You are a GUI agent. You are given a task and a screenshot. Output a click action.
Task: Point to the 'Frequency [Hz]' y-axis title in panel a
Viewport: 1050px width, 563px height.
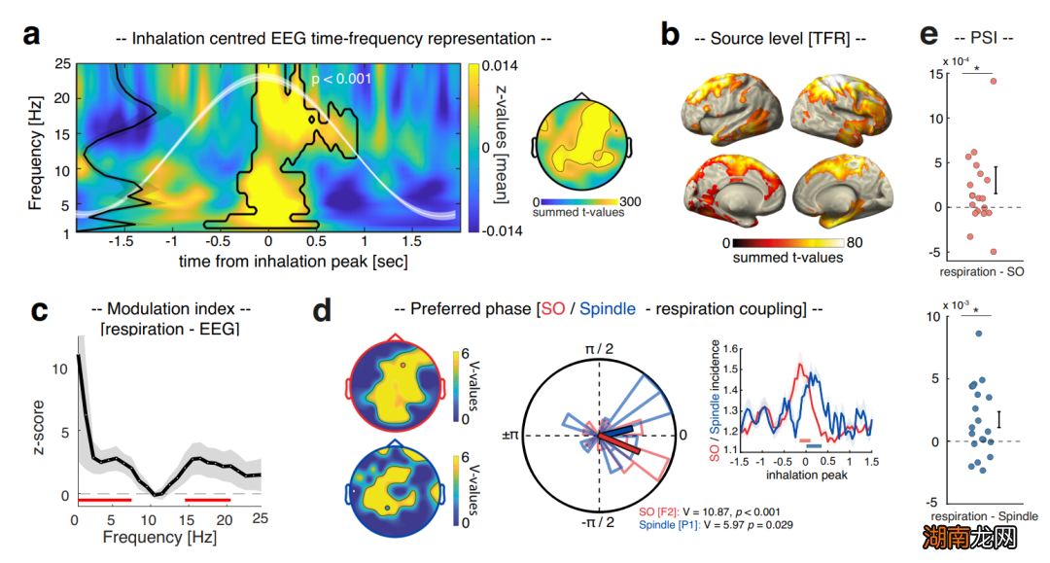tap(35, 149)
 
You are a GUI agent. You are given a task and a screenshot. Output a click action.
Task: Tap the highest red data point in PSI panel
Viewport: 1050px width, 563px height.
tap(994, 81)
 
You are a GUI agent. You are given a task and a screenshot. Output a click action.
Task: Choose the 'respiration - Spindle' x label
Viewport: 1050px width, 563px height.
tap(984, 515)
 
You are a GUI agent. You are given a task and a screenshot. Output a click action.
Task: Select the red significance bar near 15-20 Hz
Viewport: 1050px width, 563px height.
tap(206, 499)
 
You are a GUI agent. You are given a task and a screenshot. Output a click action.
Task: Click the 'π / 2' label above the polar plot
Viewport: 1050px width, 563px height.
tap(599, 347)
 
